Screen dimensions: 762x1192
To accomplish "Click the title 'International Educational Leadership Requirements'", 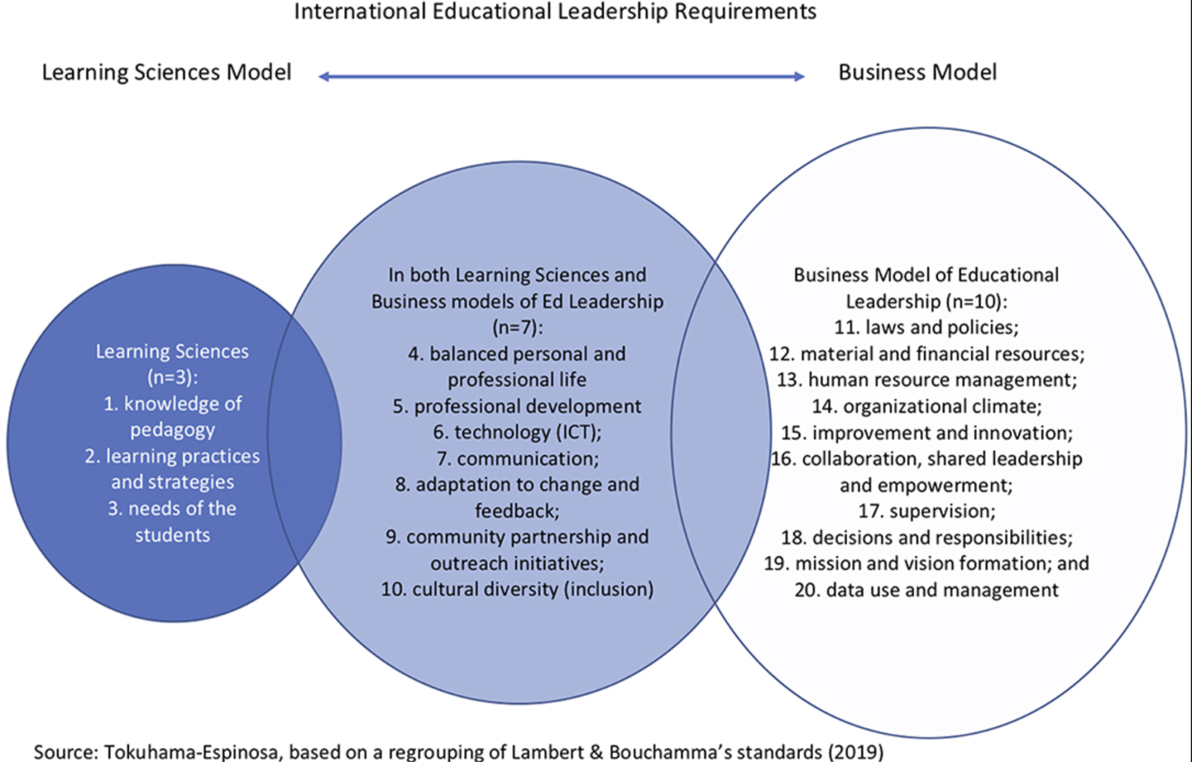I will click(554, 11).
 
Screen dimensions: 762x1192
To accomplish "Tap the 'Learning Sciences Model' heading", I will click(166, 72).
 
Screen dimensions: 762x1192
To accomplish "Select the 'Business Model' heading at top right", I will click(917, 72).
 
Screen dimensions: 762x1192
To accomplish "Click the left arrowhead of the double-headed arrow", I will click(323, 77).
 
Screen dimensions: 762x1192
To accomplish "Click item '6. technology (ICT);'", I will click(517, 432).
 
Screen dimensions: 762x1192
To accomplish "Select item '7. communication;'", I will click(517, 459).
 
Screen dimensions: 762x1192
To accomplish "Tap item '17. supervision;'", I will click(926, 511).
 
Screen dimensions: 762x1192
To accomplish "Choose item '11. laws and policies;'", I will click(926, 327).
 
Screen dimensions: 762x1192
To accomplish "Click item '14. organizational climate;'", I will click(926, 406).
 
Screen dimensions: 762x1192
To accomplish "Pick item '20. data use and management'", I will click(926, 589).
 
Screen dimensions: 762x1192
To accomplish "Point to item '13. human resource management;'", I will click(926, 379).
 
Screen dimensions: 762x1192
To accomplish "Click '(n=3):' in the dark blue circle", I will click(173, 377).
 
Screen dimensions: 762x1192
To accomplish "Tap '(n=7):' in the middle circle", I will click(517, 327).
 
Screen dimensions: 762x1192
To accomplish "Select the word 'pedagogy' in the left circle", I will click(173, 429).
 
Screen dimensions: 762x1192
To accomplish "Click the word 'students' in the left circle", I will click(173, 535).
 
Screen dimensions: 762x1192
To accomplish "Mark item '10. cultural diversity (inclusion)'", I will click(517, 589).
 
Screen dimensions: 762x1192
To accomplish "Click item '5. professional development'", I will click(517, 406).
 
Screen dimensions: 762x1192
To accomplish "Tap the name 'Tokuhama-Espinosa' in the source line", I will click(191, 751).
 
